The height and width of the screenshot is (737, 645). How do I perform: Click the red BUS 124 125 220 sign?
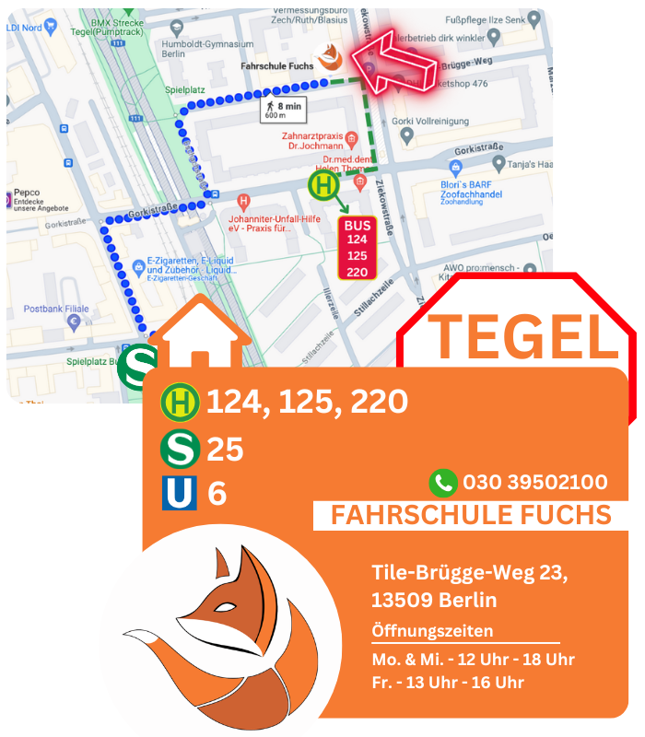[357, 248]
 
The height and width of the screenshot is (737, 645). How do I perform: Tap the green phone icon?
[443, 482]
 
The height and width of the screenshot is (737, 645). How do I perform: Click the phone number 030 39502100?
[534, 482]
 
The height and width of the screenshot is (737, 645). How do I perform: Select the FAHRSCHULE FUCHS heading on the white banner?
[470, 515]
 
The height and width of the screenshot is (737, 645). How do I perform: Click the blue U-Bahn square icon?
[180, 493]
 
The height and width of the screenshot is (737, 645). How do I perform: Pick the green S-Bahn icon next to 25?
[180, 449]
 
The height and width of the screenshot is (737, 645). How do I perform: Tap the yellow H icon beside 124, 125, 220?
[180, 402]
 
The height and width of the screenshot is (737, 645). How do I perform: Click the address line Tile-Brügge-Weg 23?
[469, 573]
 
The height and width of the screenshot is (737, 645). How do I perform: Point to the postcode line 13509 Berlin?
[434, 600]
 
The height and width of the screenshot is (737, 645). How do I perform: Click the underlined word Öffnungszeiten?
[432, 631]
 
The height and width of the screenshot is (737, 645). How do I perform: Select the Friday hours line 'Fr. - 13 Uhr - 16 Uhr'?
[448, 682]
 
